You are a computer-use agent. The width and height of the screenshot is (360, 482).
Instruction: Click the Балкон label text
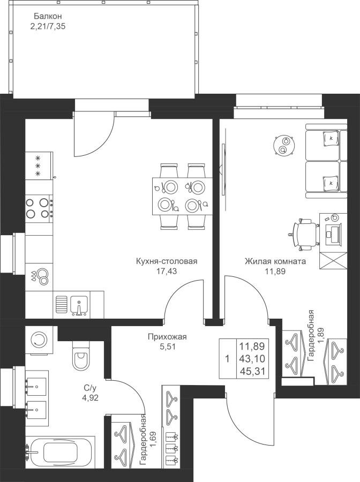coord(48,16)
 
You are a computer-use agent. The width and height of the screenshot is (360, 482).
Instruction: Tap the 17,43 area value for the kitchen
coord(167,271)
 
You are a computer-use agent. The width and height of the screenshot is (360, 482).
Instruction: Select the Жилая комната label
coord(275,261)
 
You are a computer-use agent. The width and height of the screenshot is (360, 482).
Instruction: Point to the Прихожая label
coord(167,337)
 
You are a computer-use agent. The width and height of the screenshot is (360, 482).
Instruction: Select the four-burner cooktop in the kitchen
coord(39,208)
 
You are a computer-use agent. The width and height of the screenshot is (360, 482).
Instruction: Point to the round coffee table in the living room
coord(284,145)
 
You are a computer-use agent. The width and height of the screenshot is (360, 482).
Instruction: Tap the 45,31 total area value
coord(252,371)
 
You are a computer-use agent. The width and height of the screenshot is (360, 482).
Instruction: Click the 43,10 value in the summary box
coord(252,359)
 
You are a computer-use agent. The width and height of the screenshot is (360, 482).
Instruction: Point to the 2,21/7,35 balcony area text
coord(48,26)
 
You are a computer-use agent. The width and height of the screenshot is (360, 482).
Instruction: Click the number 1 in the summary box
coord(228,359)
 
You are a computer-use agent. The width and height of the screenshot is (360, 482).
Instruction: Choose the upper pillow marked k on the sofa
coord(331,138)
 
